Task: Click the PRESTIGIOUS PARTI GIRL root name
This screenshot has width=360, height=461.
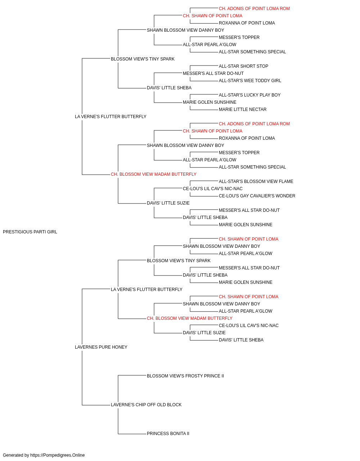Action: pyautogui.click(x=30, y=232)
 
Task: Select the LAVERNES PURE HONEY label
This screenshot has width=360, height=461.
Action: pyautogui.click(x=101, y=347)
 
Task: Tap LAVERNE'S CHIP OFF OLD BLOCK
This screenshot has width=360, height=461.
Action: pyautogui.click(x=146, y=405)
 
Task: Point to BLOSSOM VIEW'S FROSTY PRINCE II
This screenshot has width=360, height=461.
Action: pyautogui.click(x=185, y=376)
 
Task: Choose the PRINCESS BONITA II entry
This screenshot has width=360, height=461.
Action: pyautogui.click(x=168, y=434)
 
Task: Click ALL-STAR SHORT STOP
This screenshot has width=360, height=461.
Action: pyautogui.click(x=243, y=66)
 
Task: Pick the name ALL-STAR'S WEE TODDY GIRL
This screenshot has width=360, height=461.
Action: pyautogui.click(x=250, y=81)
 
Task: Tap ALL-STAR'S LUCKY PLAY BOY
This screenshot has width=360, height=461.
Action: pyautogui.click(x=249, y=95)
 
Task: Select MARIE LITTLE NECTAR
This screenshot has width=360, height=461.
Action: pyautogui.click(x=243, y=109)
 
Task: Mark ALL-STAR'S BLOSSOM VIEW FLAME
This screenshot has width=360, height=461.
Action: pyautogui.click(x=256, y=182)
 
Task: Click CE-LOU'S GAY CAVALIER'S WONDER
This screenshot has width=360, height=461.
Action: pyautogui.click(x=257, y=196)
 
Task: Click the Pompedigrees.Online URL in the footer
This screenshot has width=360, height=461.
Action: pyautogui.click(x=57, y=455)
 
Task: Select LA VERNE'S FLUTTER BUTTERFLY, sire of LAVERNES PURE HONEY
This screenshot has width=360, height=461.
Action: pyautogui.click(x=147, y=290)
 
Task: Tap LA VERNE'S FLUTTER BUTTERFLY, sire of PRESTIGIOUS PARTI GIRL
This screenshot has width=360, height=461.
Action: pyautogui.click(x=111, y=117)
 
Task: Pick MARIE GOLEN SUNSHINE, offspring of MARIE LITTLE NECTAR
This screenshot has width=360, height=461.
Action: pyautogui.click(x=210, y=102)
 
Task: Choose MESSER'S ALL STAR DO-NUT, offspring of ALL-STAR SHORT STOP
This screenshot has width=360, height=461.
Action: pyautogui.click(x=213, y=73)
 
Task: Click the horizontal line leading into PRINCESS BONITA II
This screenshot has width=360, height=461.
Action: pyautogui.click(x=132, y=434)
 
